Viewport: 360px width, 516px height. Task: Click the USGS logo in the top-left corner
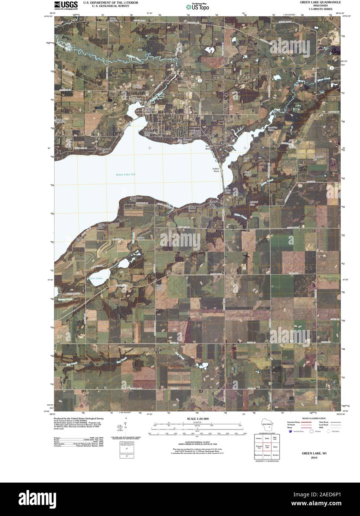click(66, 5)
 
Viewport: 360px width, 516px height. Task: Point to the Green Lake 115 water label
click(124, 174)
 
